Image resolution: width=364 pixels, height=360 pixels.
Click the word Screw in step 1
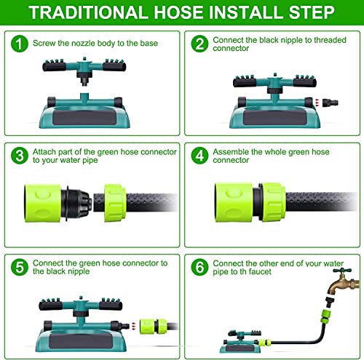[46, 43]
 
